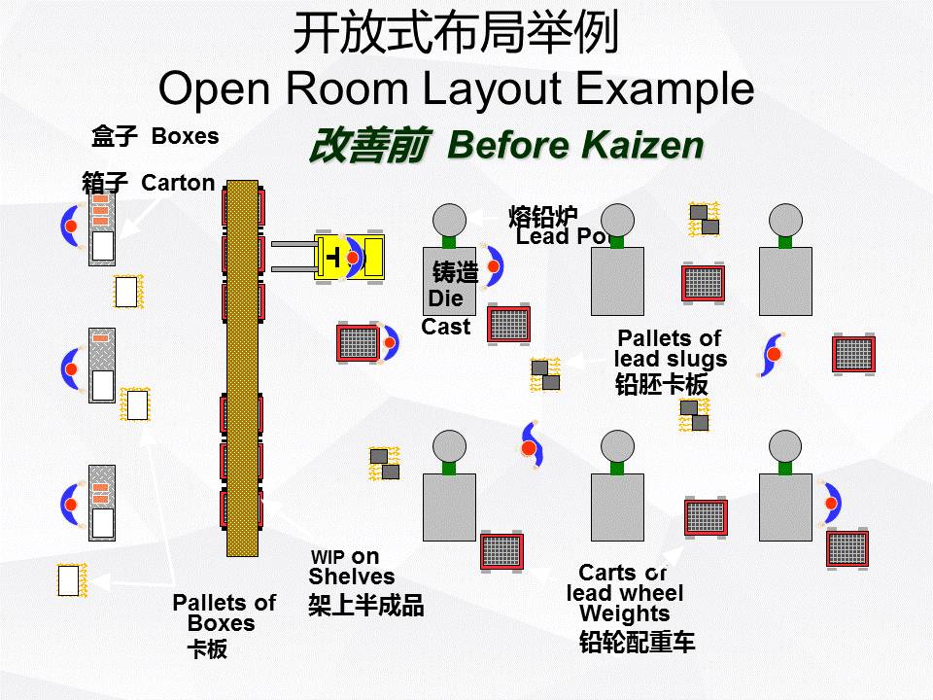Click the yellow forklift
point(348,257)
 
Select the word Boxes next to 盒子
point(185,136)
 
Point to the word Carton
point(178,183)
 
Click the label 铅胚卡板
point(661,384)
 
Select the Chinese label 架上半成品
point(365,606)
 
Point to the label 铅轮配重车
point(637,642)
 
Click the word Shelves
point(351,577)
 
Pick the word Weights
point(624,614)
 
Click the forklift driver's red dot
point(352,257)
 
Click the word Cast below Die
point(446,327)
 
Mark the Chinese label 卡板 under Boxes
point(207,649)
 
